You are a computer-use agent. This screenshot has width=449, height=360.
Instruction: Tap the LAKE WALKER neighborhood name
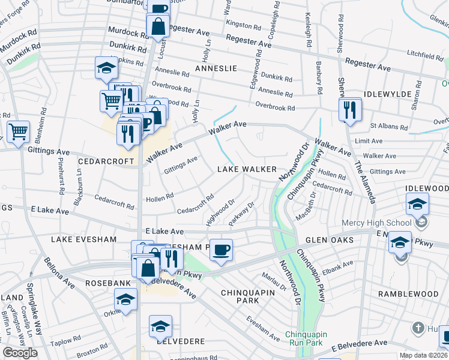[247, 170]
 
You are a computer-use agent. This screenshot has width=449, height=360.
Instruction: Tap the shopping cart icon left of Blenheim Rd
[19, 131]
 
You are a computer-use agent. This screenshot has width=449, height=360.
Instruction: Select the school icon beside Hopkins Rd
[106, 69]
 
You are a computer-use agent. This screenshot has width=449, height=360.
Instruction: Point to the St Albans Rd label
[385, 126]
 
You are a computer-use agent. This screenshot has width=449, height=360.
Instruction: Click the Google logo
[20, 353]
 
